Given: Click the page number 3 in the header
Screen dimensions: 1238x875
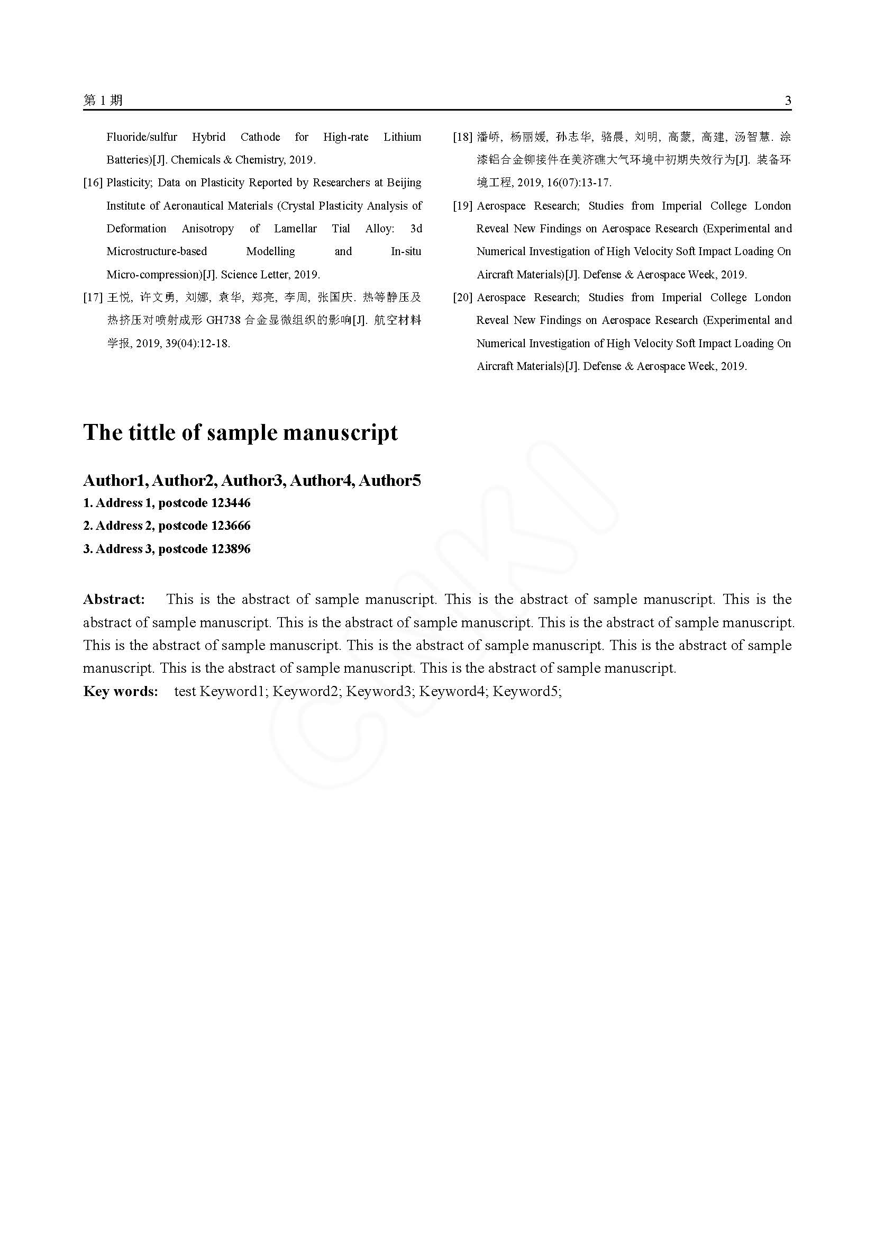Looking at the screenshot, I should (788, 100).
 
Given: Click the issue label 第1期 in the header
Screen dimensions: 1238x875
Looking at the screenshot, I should (103, 100).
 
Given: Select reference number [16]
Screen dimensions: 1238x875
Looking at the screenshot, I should (93, 183).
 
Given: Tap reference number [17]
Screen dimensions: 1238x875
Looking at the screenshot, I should (93, 297).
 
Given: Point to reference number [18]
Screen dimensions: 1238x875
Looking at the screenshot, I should (463, 137).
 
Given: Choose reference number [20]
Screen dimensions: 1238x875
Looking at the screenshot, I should (463, 297).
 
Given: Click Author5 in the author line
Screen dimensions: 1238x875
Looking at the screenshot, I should (389, 481).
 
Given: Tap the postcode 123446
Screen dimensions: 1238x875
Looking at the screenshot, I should (231, 503).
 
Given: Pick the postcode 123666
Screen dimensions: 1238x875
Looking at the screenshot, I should (231, 526).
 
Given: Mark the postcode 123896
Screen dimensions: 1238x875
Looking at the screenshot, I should (231, 549).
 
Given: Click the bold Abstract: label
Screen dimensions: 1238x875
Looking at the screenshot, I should (114, 600).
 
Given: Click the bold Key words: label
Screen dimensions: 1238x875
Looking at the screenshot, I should (121, 691).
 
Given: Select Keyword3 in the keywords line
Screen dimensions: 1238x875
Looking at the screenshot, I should (379, 691).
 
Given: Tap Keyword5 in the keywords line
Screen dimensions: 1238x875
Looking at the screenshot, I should (526, 691).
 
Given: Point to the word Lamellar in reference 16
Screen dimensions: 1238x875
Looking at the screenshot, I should (295, 229).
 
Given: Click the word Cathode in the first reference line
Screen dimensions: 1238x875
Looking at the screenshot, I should (260, 137).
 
